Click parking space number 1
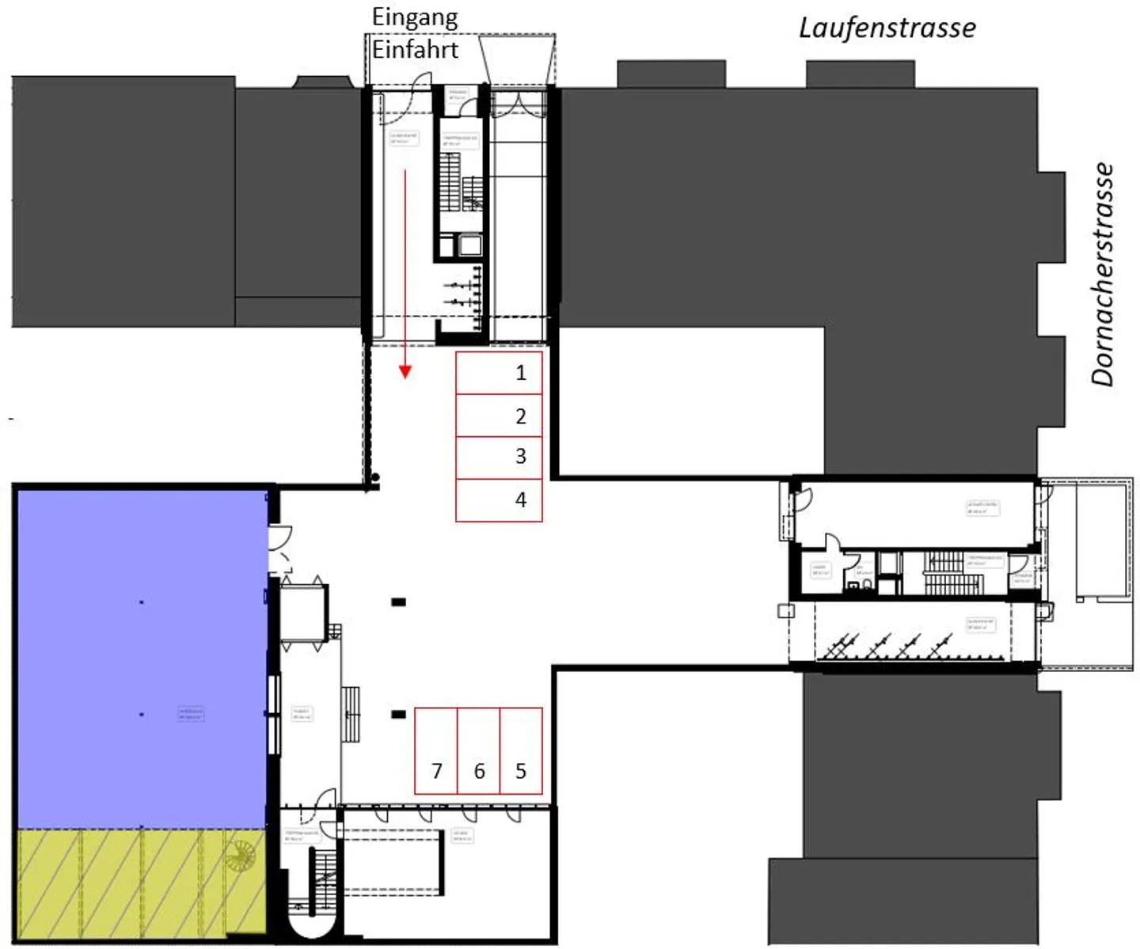click(499, 373)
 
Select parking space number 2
click(499, 416)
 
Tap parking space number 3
click(499, 457)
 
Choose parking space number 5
click(521, 750)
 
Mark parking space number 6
click(479, 750)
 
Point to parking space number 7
click(436, 750)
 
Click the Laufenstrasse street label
click(887, 28)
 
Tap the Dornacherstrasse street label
click(1103, 274)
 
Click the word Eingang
click(415, 17)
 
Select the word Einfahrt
click(415, 50)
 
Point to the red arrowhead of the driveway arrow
click(405, 371)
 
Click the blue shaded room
click(141, 657)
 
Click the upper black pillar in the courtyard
click(398, 602)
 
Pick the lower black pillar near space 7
click(398, 715)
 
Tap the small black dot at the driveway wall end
click(376, 477)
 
